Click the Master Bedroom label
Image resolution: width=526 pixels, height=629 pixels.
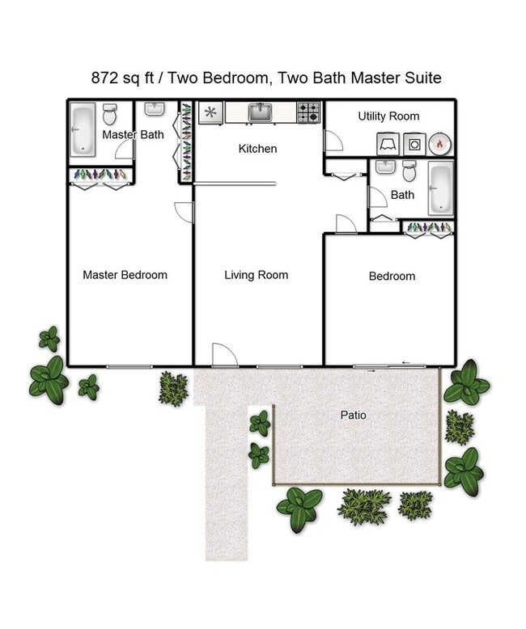[x=125, y=275]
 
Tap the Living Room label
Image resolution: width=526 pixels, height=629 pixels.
[x=256, y=275]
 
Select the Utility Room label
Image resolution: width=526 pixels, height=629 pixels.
[x=388, y=116]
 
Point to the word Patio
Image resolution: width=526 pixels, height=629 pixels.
[x=353, y=416]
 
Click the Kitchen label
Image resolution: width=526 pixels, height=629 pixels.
[x=257, y=149]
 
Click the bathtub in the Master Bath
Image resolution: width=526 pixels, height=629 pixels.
[x=83, y=129]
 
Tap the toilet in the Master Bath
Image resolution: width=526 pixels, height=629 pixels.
[x=109, y=115]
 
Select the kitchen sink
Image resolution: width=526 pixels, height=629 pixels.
[x=260, y=113]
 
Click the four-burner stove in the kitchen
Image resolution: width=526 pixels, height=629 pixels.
[x=308, y=112]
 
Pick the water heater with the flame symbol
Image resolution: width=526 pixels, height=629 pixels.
[x=439, y=144]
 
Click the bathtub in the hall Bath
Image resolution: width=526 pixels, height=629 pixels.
[x=440, y=188]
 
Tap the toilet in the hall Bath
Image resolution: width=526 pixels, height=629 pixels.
[x=409, y=172]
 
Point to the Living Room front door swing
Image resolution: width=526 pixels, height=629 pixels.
[x=223, y=355]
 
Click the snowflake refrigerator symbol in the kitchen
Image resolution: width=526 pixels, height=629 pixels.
[x=210, y=112]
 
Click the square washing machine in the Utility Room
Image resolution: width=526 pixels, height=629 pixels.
[x=414, y=144]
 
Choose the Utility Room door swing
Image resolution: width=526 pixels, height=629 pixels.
[x=333, y=142]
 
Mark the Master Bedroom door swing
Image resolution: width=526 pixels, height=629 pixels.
[x=184, y=212]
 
